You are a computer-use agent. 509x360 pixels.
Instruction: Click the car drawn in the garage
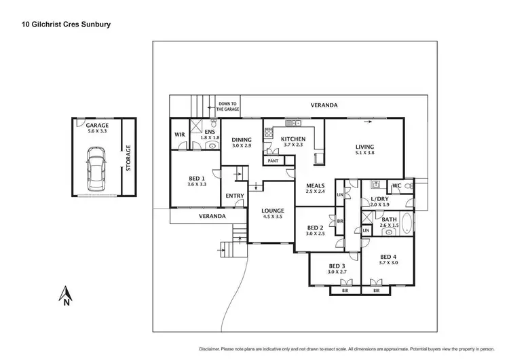(96, 173)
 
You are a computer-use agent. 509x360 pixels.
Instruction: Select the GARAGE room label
(97, 125)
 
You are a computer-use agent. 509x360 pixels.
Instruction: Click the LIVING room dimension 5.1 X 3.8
(365, 153)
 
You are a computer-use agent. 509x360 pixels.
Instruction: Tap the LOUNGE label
(274, 211)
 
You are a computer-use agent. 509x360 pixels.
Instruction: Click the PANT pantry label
(274, 161)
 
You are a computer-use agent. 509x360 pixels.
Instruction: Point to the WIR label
(180, 134)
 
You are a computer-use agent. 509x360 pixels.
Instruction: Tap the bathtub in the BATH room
(406, 224)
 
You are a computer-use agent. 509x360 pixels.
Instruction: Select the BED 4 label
(390, 256)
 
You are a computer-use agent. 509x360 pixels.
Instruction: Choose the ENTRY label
(235, 196)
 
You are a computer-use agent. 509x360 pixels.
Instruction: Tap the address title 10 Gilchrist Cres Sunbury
(63, 24)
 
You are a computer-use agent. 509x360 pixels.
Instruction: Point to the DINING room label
(242, 139)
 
